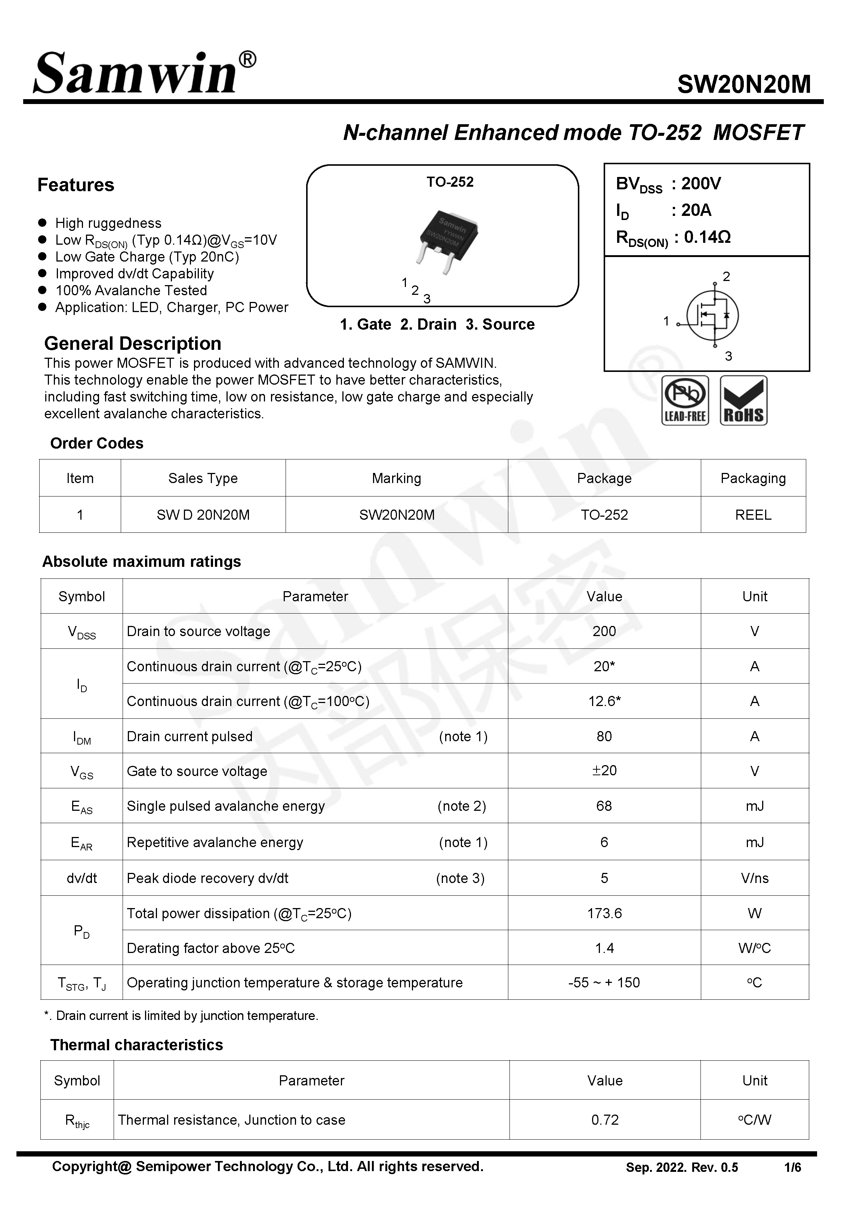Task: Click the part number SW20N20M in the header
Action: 743,84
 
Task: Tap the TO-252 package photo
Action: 449,240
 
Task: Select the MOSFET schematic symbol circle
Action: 712,315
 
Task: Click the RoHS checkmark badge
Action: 743,401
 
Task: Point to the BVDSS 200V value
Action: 700,183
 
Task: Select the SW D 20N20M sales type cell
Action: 203,515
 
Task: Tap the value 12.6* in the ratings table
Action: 604,701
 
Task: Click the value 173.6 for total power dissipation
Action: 604,913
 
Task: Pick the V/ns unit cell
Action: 754,878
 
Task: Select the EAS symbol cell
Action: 82,806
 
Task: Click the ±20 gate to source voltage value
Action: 604,771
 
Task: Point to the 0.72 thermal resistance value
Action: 604,1120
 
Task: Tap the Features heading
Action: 76,185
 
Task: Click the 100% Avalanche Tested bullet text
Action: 131,291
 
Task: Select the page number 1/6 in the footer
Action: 792,1167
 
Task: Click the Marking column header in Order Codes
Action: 396,478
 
